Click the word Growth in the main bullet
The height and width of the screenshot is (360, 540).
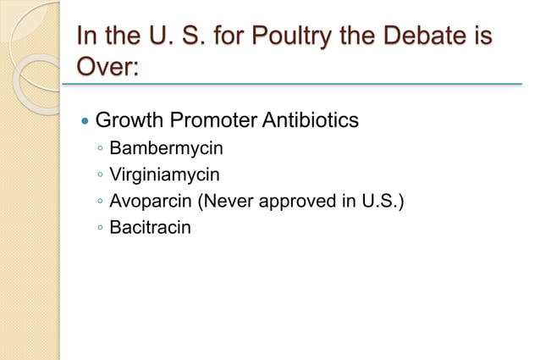pyautogui.click(x=129, y=120)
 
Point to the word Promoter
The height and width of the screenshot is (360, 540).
pyautogui.click(x=214, y=120)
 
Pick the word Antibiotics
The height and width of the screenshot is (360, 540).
pyautogui.click(x=311, y=120)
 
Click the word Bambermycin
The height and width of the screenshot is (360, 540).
pyautogui.click(x=167, y=150)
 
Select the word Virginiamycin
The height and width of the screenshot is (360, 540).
pyautogui.click(x=165, y=175)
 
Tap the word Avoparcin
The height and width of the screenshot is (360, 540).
pyautogui.click(x=148, y=201)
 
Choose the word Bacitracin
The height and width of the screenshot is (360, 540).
pyautogui.click(x=151, y=227)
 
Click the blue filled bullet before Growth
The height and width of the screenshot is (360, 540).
pyautogui.click(x=83, y=122)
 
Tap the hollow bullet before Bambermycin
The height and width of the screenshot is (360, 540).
pyautogui.click(x=101, y=151)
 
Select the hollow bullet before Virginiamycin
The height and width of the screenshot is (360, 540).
pyautogui.click(x=101, y=176)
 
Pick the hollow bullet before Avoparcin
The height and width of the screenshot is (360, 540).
pyautogui.click(x=101, y=202)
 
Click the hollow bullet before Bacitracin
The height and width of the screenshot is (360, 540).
pyautogui.click(x=101, y=228)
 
